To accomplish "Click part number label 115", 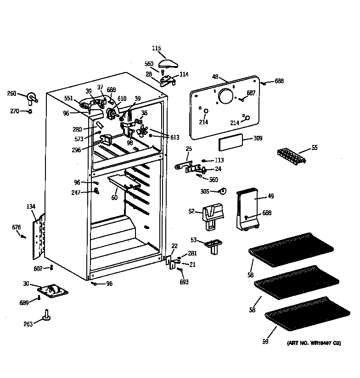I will [x=157, y=48].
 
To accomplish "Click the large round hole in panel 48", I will [x=225, y=96].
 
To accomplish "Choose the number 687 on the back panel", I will [x=251, y=93].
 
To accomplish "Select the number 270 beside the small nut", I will [x=15, y=111].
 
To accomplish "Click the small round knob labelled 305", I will [x=222, y=191].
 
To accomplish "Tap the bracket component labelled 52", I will [x=212, y=215].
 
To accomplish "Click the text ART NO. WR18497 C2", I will [x=314, y=343].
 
